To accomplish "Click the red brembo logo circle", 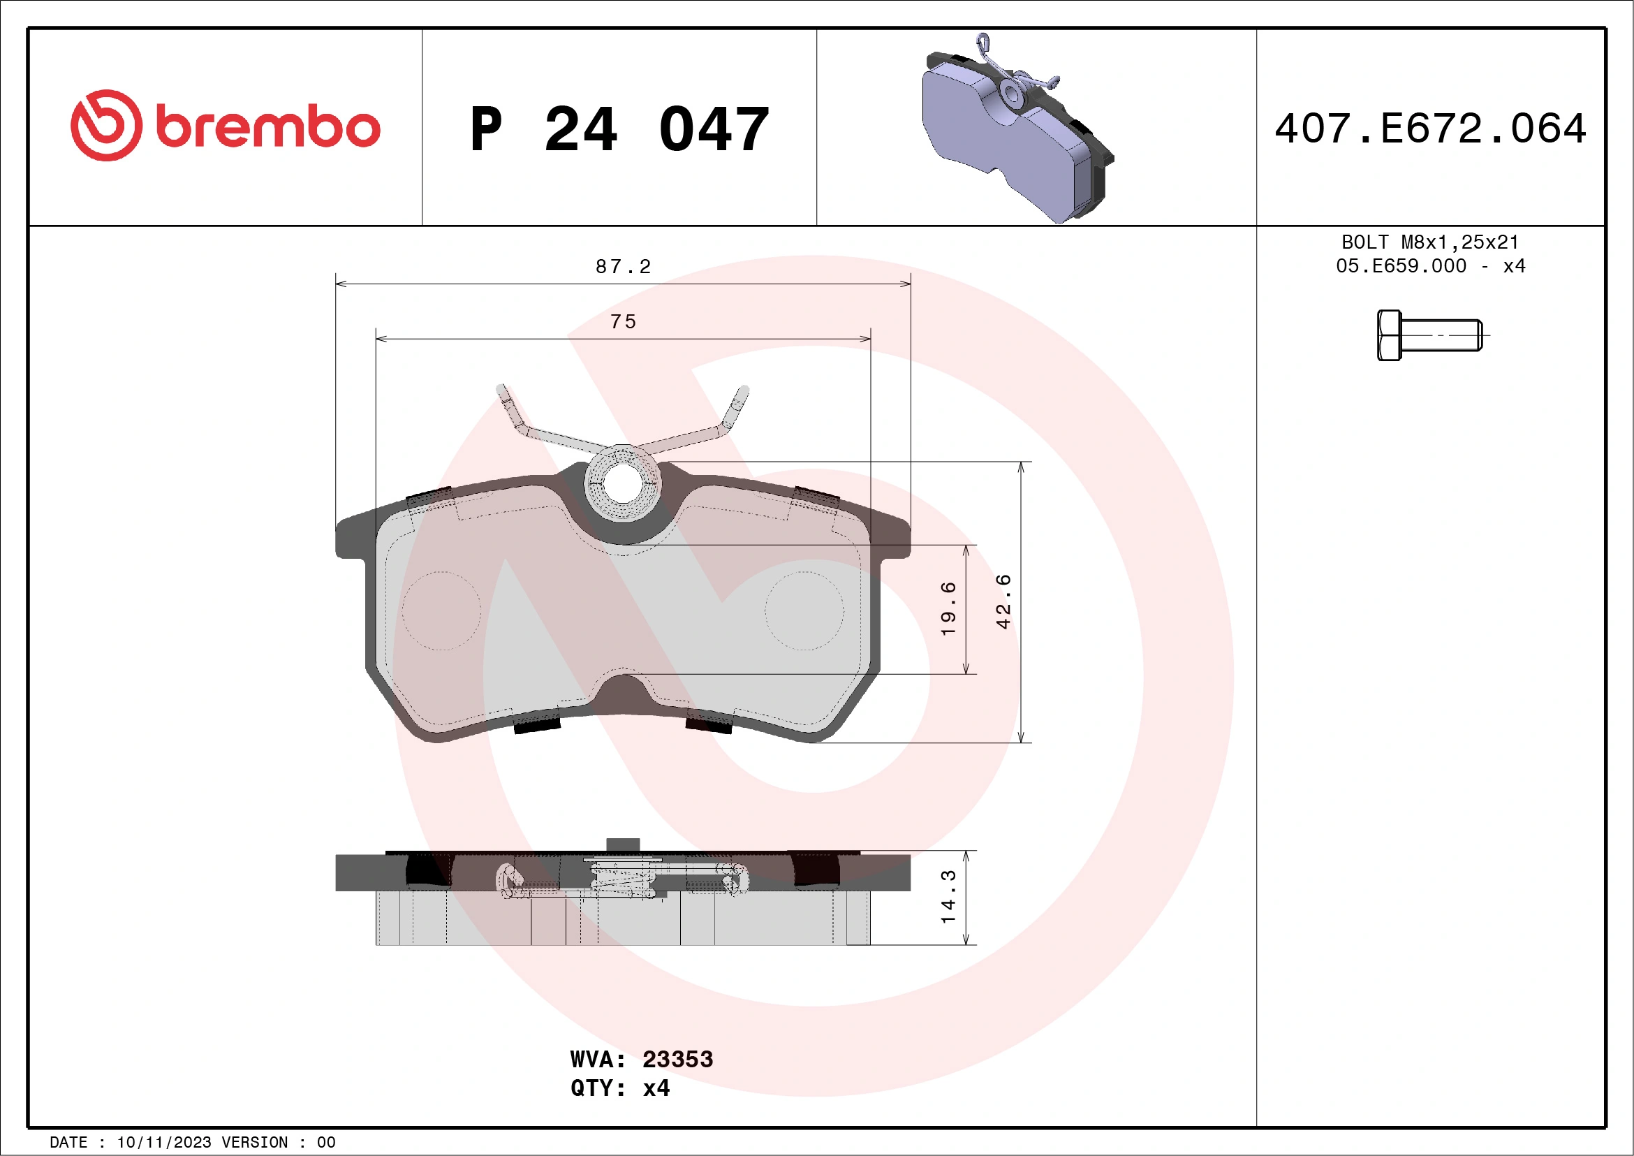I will pos(106,125).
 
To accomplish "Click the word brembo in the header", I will pos(267,127).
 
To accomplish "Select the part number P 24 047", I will pos(619,129).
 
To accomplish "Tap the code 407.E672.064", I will pos(1431,129).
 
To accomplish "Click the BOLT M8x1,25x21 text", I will pos(1430,242).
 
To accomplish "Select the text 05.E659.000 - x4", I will pos(1430,266).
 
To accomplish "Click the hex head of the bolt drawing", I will pos(1388,335).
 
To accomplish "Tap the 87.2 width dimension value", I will pos(623,267).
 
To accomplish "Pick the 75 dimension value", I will pos(623,322).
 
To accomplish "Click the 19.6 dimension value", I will pos(949,608).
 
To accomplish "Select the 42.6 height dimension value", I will pos(1003,601).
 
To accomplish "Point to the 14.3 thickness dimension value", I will pos(949,897).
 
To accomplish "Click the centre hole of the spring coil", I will pos(623,483).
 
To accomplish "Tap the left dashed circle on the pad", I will pos(441,610).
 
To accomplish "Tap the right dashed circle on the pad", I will pos(804,610).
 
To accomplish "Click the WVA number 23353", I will pos(677,1059).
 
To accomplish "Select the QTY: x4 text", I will pos(620,1088).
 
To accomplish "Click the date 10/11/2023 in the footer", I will pos(163,1143).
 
